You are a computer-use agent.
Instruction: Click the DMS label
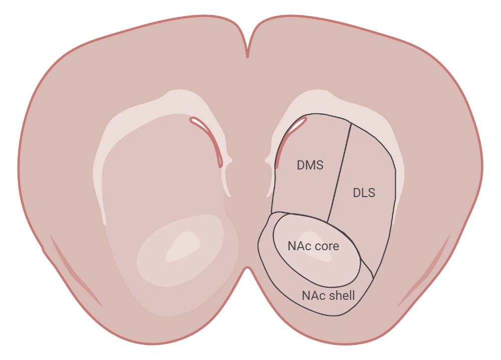pos(310,165)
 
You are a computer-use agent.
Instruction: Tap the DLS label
pos(364,193)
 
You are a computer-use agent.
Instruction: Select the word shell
pos(342,295)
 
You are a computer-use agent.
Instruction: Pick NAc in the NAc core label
pos(297,246)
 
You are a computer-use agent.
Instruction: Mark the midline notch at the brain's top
pos(247,50)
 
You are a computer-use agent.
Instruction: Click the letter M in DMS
pos(310,165)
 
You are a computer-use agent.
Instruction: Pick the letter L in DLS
pos(364,193)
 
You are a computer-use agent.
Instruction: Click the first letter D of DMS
pos(301,165)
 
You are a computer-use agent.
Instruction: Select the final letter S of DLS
pos(371,193)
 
